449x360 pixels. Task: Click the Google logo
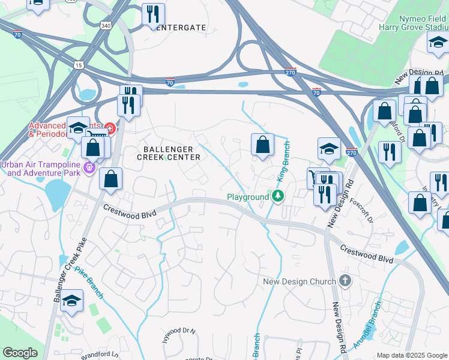tap(20, 353)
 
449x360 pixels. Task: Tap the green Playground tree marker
tap(277, 196)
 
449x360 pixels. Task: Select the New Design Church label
tap(300, 281)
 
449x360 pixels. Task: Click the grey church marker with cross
tap(345, 281)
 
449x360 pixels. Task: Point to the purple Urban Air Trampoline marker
tap(90, 167)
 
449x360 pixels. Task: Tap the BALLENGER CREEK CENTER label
tap(168, 153)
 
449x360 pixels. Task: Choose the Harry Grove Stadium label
tap(414, 27)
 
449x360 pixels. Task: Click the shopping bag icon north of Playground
tap(262, 144)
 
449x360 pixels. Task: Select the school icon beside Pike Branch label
tap(71, 301)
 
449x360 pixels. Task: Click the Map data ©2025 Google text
tap(412, 355)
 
